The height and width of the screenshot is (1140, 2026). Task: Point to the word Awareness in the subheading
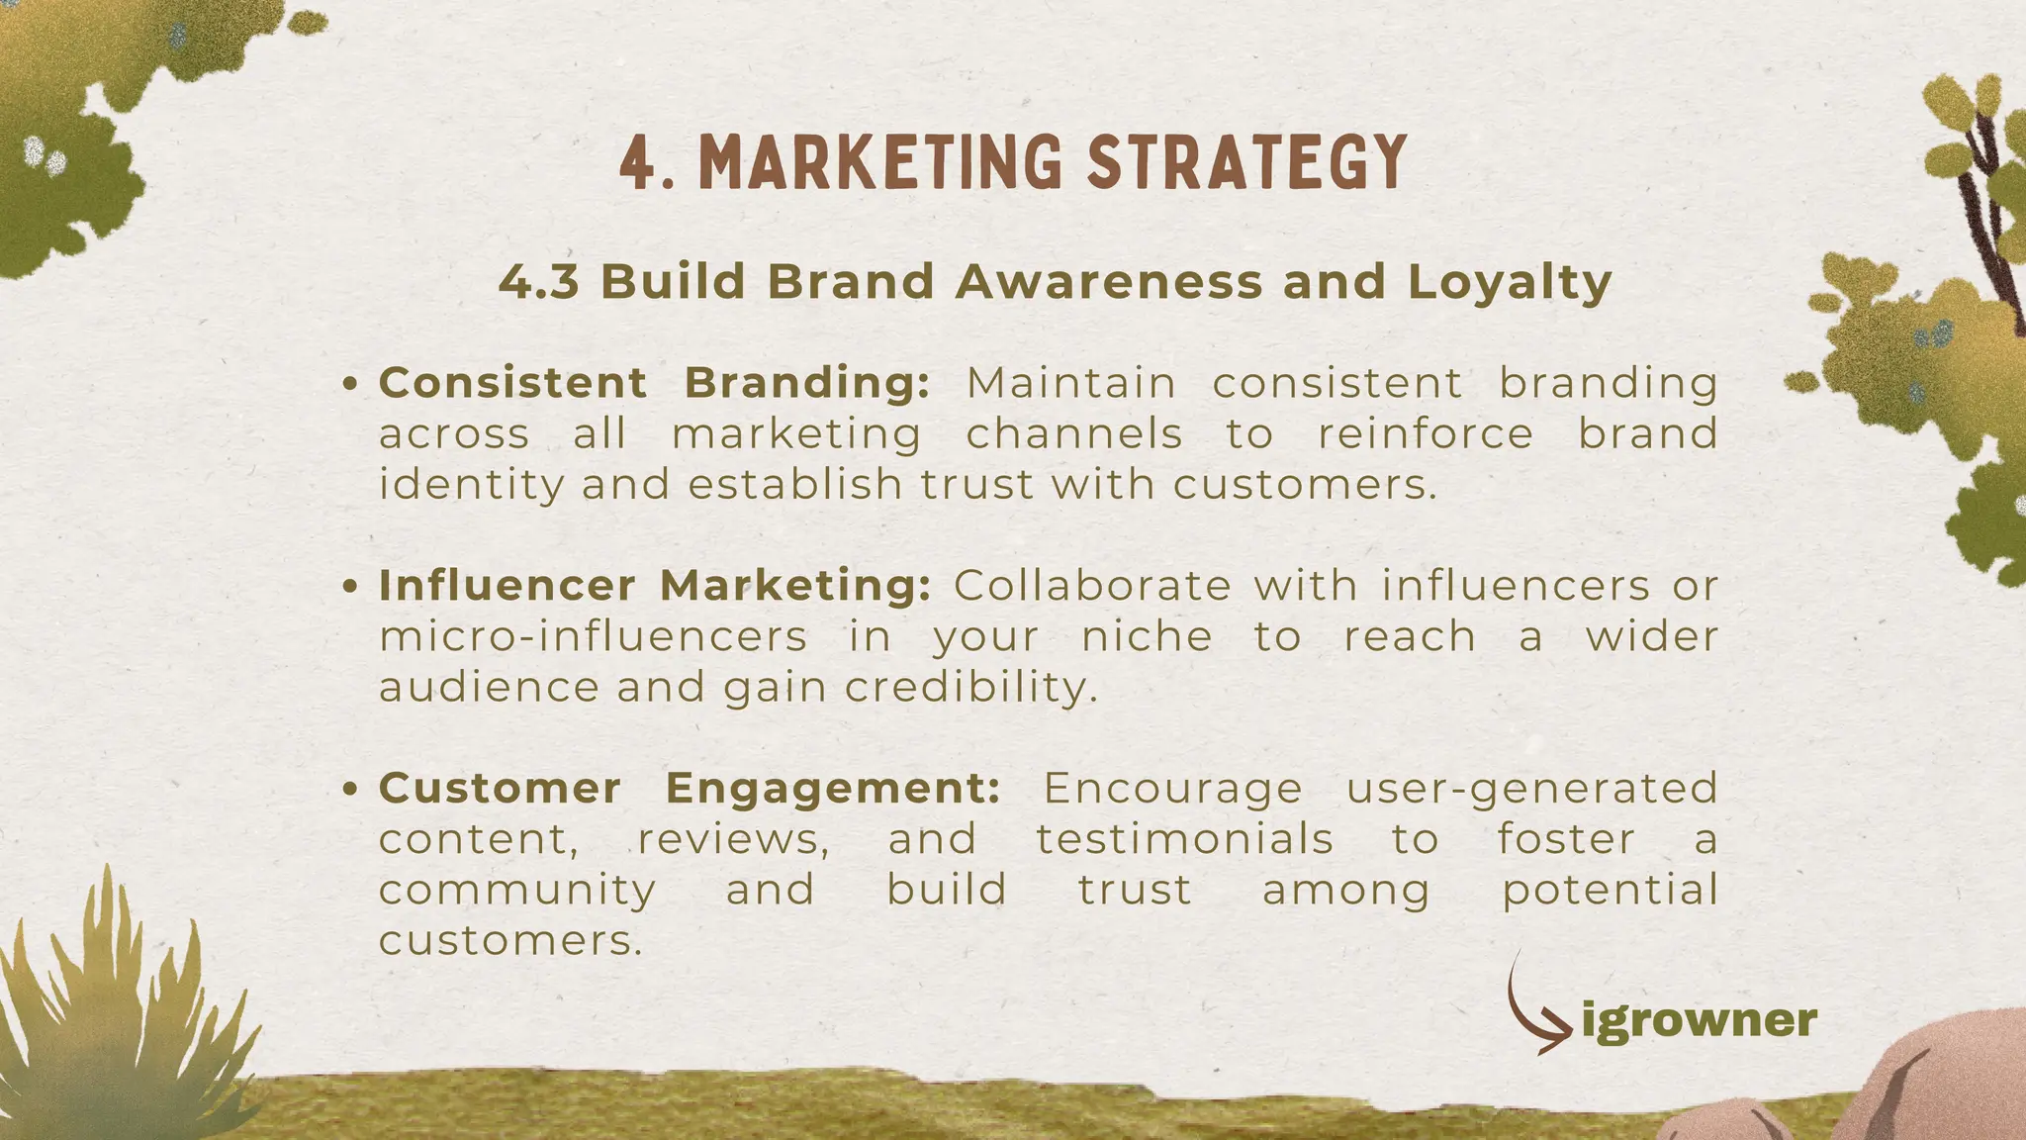[1109, 282]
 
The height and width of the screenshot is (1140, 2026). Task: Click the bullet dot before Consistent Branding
[349, 384]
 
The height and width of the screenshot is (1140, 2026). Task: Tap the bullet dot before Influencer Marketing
[349, 587]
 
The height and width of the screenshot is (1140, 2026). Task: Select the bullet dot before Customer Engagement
[349, 790]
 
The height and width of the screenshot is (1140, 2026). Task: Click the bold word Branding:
[807, 384]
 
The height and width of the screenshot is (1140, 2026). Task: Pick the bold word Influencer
[506, 586]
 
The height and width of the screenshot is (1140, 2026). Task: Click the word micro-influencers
[594, 636]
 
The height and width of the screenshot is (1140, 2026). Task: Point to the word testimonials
[1185, 839]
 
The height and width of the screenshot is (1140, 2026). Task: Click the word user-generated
[1531, 790]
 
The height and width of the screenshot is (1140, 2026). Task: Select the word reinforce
[1426, 434]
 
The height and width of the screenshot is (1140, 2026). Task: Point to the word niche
[1147, 636]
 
